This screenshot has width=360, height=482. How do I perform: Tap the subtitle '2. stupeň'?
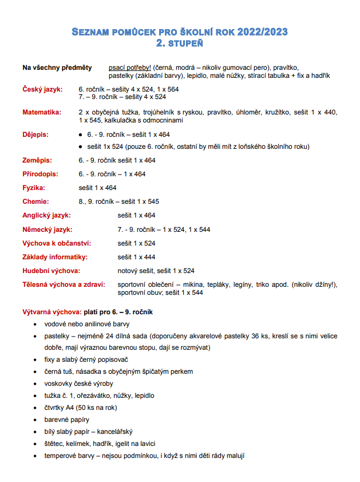[x=180, y=43]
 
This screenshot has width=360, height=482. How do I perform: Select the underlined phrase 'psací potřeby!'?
[x=130, y=68]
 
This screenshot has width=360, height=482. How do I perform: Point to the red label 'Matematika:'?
[x=42, y=112]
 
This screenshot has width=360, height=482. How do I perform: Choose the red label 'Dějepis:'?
[x=35, y=135]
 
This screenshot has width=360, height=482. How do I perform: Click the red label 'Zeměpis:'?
[x=37, y=160]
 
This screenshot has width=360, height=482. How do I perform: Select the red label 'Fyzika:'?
[x=34, y=188]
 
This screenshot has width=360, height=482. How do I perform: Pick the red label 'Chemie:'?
[x=35, y=202]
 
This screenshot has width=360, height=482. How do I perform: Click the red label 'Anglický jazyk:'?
[x=46, y=216]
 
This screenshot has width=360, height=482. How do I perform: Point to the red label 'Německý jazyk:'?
[x=48, y=230]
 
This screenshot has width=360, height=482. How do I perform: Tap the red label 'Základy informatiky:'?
[x=56, y=257]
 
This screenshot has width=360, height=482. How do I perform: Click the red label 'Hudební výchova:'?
[x=51, y=271]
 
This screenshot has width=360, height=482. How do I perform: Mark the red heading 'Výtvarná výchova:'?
[x=52, y=312]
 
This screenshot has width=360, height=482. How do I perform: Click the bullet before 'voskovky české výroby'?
[x=36, y=384]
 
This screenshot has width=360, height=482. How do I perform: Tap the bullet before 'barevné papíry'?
[x=36, y=420]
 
